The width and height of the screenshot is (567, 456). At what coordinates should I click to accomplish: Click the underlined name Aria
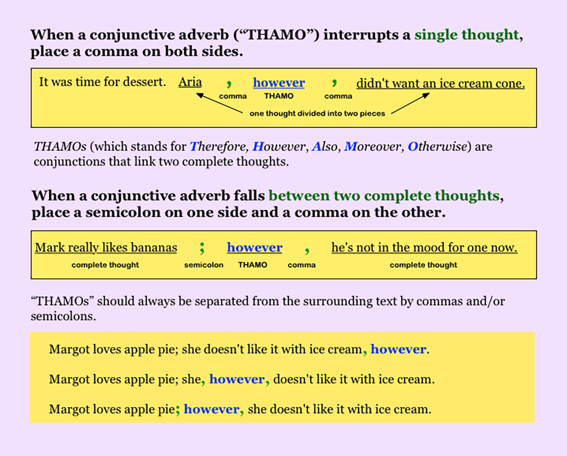190,83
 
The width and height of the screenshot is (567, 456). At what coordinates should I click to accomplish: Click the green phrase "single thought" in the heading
466,35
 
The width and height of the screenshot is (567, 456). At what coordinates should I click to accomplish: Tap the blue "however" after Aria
279,83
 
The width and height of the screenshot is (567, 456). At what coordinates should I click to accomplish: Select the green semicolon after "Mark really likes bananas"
202,247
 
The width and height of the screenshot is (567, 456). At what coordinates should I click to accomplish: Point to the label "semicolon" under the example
204,265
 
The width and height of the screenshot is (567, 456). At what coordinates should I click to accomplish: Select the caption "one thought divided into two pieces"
317,114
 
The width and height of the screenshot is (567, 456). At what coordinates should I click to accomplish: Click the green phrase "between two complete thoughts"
384,195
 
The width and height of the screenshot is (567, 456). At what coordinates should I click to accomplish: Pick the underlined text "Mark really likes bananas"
106,247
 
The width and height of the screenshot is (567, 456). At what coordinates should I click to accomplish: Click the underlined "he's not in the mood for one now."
424,247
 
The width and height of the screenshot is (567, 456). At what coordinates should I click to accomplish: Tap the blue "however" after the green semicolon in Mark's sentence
254,247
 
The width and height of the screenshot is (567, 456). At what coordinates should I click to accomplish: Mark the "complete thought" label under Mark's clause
105,265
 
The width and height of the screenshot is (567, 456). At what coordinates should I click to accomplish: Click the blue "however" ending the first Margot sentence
398,349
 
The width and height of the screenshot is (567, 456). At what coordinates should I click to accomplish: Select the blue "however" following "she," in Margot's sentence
237,379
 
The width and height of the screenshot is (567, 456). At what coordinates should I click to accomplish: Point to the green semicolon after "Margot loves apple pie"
178,409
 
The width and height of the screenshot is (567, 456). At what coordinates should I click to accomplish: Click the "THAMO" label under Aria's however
278,96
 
